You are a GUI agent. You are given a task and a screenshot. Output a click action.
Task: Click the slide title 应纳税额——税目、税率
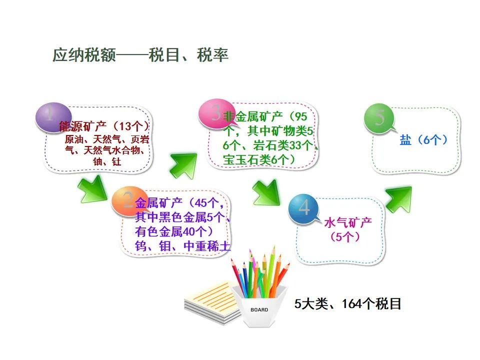[140, 55]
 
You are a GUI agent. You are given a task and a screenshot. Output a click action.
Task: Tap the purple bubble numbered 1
[53, 117]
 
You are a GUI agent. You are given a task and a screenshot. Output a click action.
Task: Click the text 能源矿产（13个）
[104, 126]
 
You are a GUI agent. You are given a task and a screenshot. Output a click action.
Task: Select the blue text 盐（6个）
[423, 140]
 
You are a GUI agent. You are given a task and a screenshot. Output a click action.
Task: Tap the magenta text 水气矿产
[348, 222]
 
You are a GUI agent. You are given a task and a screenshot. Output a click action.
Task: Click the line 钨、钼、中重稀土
[182, 246]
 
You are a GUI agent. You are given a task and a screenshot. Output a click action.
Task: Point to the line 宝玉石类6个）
[259, 159]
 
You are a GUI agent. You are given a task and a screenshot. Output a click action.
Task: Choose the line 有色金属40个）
[174, 231]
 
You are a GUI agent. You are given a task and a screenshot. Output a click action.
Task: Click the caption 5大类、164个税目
[348, 303]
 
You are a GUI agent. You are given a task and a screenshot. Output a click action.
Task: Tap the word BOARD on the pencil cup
[259, 310]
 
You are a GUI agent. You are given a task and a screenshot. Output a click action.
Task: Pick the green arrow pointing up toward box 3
[183, 165]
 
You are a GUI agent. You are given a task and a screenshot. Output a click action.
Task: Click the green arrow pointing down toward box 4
[266, 193]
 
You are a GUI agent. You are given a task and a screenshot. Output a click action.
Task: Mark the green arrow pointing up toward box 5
[398, 199]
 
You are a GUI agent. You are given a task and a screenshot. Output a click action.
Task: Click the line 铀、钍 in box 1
[107, 161]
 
